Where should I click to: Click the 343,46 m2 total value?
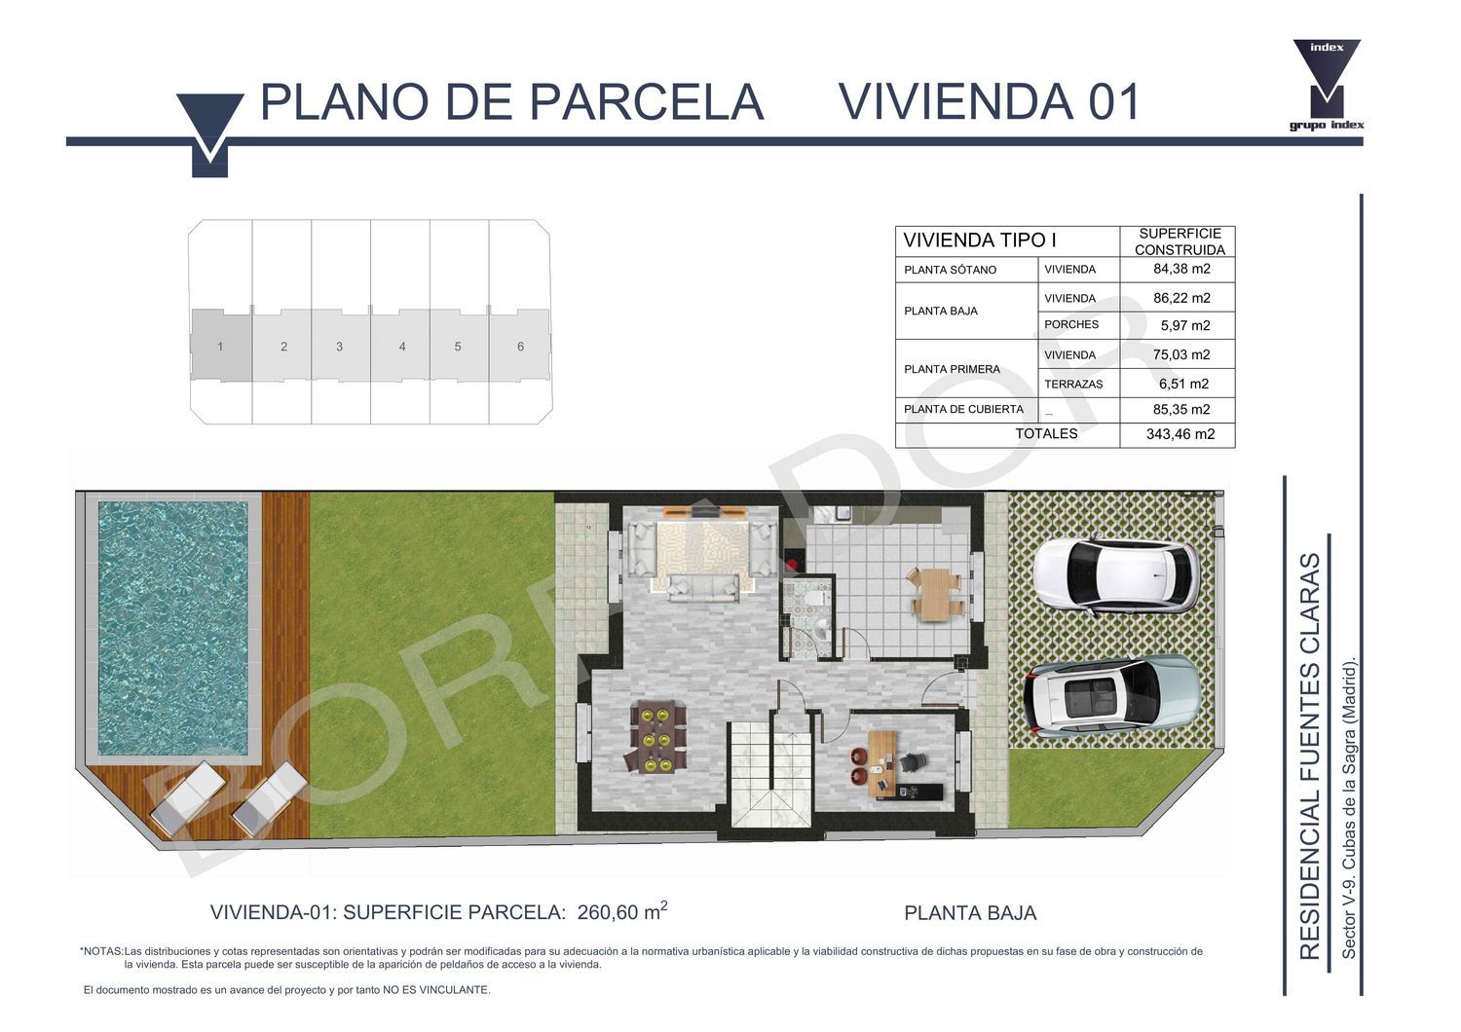1180,434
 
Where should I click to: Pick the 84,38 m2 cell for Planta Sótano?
1181,269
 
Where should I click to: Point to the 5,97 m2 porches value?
1184,325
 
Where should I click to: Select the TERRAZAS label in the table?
1073,384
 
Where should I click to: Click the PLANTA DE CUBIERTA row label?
963,410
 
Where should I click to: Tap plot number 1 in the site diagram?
220,347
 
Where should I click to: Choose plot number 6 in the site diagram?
520,347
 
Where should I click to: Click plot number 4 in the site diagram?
402,347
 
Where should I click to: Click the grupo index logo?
1327,86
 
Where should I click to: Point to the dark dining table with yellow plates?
658,737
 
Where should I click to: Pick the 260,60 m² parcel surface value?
622,911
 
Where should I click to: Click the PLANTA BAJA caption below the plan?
970,913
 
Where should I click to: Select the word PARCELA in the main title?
647,101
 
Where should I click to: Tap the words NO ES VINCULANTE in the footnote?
436,989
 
